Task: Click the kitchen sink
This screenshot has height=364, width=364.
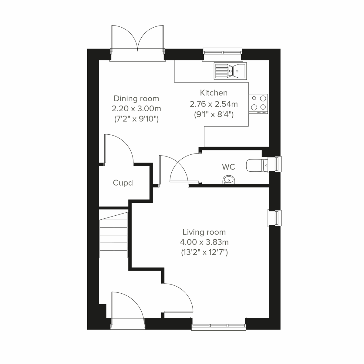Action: [x=230, y=71]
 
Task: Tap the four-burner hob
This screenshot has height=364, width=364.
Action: [x=258, y=103]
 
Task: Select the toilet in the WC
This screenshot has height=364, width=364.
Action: [x=256, y=165]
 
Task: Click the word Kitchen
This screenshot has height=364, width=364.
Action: [x=214, y=93]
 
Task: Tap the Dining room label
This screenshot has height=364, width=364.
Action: [x=136, y=99]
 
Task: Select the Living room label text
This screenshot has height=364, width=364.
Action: [x=204, y=232]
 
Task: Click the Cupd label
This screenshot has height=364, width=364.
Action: [x=123, y=183]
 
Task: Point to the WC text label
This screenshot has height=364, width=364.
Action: [x=228, y=167]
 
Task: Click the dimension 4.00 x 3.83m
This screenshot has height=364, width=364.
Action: [x=204, y=242]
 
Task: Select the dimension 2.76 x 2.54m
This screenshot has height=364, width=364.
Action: [x=214, y=104]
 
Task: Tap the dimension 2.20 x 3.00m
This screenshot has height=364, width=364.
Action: [x=136, y=109]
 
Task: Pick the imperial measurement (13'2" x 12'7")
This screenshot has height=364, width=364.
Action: [x=204, y=252]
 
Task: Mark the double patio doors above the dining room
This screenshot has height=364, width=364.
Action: [x=138, y=39]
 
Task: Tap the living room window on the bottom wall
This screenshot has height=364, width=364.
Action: [x=219, y=324]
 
